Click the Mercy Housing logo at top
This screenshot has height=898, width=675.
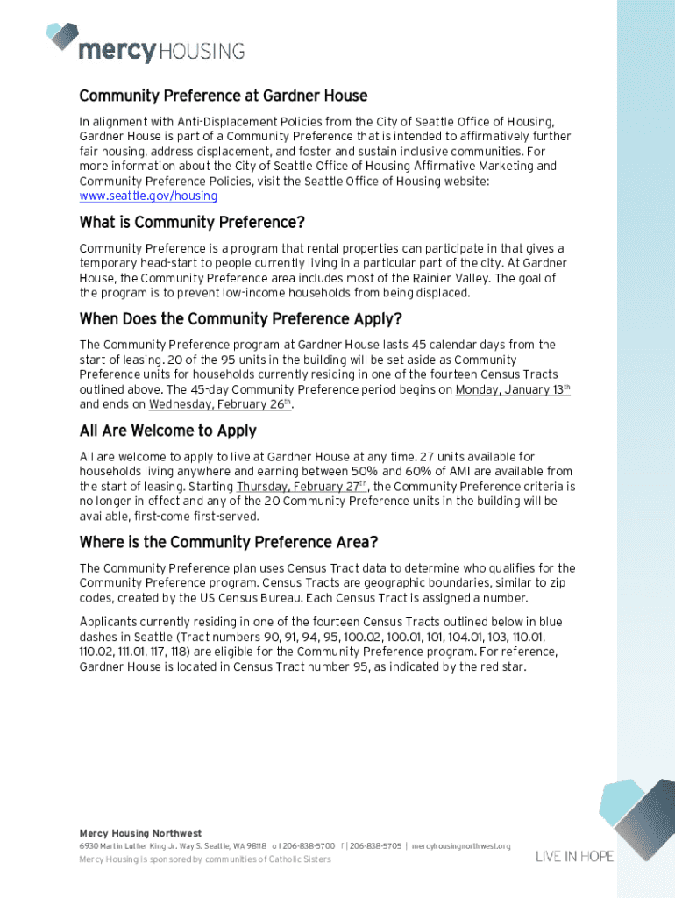(146, 44)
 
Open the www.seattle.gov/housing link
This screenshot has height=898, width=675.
(148, 196)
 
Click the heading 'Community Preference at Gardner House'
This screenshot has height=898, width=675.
(223, 96)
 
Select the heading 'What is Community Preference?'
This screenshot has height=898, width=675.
(191, 222)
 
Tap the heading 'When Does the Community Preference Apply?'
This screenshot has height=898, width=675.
(240, 318)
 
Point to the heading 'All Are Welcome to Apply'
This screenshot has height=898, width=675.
(167, 431)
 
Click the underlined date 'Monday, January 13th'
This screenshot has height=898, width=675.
(512, 389)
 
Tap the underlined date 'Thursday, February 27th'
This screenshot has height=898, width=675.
(302, 486)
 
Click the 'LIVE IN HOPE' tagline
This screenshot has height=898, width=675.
(574, 856)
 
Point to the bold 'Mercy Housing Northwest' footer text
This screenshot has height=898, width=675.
(140, 833)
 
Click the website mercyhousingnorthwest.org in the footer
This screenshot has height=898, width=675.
(460, 846)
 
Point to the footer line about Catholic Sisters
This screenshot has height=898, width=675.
(205, 859)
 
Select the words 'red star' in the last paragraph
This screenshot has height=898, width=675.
(501, 667)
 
